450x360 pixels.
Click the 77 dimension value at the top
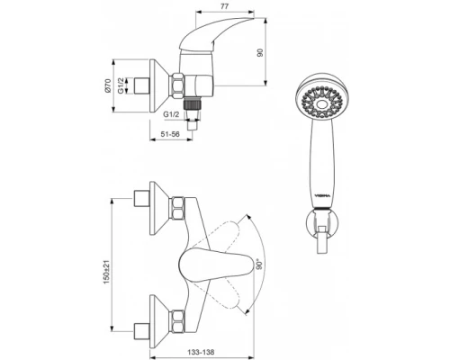(225, 6)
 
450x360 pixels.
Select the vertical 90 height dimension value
(260, 52)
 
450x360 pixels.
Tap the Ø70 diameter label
(108, 85)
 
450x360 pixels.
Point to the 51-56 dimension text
(170, 134)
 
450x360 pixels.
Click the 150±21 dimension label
(107, 274)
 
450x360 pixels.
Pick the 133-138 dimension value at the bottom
(201, 352)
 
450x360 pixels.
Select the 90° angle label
(260, 264)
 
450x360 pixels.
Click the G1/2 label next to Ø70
(121, 85)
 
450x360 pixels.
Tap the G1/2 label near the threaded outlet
(171, 114)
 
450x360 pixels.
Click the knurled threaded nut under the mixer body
(192, 104)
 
